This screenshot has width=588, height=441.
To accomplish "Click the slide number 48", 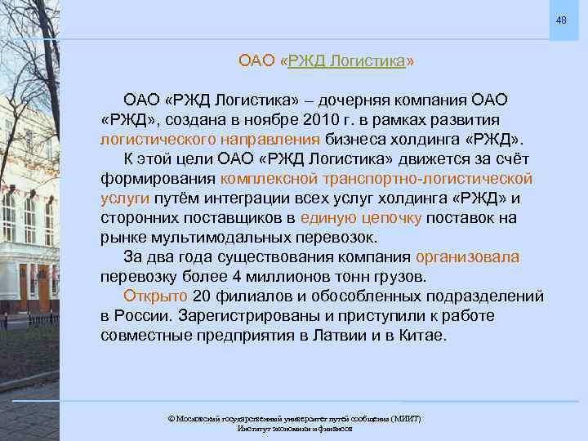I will click(x=561, y=20).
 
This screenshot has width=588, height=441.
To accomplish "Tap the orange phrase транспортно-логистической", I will click(x=426, y=178).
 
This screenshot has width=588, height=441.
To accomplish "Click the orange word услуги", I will click(x=124, y=198).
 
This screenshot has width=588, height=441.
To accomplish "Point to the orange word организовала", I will click(x=467, y=257).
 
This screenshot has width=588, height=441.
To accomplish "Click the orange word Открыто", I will click(x=155, y=296).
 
